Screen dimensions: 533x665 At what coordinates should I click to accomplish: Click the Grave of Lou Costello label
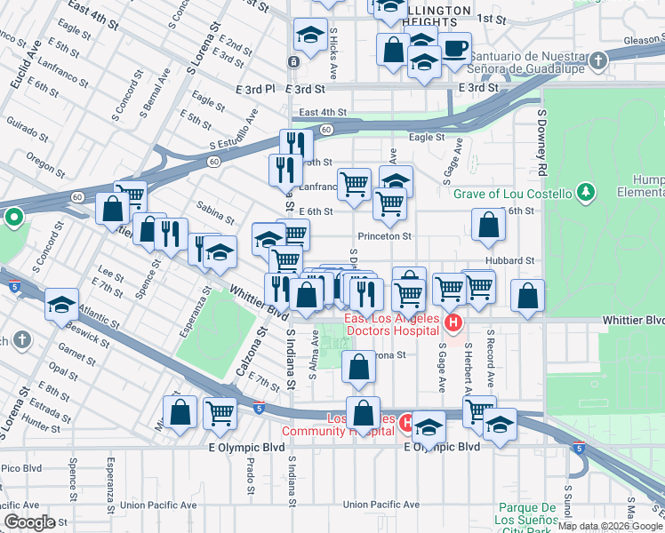[511, 194]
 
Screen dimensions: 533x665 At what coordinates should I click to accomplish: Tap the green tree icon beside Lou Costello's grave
[585, 192]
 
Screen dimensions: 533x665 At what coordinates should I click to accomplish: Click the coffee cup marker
[455, 50]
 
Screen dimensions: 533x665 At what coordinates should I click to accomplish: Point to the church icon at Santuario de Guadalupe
[598, 61]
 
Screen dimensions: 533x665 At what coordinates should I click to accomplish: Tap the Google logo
[28, 521]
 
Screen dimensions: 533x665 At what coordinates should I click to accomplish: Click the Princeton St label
[384, 236]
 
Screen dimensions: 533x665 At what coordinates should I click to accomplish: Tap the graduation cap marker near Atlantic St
[61, 304]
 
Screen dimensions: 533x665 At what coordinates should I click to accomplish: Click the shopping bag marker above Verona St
[358, 367]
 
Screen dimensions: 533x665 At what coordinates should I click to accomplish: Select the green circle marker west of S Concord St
[13, 217]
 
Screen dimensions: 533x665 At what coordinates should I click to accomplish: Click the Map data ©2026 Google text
[609, 526]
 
